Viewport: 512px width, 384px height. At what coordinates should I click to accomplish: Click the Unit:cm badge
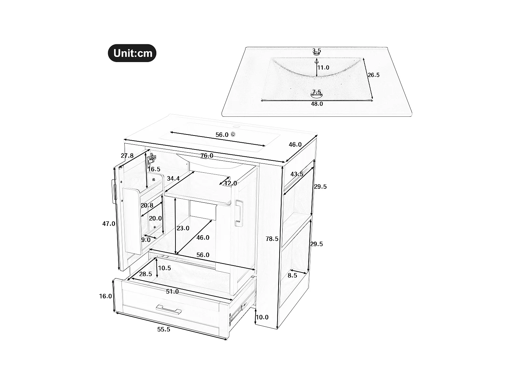[132, 53]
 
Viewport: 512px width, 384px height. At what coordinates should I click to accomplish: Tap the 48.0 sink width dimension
[316, 104]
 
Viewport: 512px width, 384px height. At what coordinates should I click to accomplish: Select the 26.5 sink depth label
[373, 75]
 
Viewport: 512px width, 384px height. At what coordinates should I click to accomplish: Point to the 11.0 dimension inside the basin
[323, 68]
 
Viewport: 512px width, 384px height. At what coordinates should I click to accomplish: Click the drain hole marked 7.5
[317, 94]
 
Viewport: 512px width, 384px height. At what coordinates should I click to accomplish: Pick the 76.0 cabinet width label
[207, 156]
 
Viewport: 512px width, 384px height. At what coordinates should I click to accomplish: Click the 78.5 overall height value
[272, 239]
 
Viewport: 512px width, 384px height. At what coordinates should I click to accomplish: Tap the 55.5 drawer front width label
[163, 329]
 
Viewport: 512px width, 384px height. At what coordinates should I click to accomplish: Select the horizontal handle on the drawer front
[169, 310]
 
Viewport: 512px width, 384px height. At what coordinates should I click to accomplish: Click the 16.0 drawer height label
[105, 296]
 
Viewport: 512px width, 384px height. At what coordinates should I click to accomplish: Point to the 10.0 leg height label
[262, 317]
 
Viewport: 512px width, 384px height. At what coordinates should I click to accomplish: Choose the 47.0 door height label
[109, 224]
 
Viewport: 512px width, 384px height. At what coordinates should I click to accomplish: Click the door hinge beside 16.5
[152, 159]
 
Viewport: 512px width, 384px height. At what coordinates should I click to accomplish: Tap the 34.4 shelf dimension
[173, 179]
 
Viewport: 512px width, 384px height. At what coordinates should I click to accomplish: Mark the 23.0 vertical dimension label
[183, 228]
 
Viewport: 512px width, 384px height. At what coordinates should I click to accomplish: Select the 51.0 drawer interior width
[172, 291]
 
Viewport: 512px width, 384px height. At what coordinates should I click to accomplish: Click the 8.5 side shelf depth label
[292, 275]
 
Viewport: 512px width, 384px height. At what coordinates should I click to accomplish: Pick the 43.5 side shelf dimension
[297, 174]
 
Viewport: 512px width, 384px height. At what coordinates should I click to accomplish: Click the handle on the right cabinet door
[239, 213]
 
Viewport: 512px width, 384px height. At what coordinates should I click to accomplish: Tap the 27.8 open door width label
[127, 156]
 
